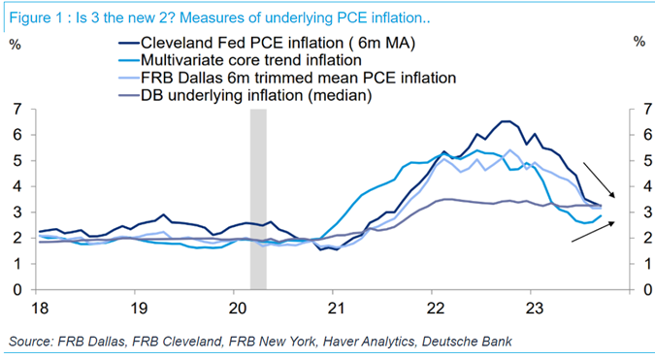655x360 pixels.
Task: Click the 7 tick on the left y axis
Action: (x=18, y=109)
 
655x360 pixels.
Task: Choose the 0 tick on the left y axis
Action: (x=18, y=289)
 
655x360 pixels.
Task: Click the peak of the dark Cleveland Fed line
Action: (x=505, y=121)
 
